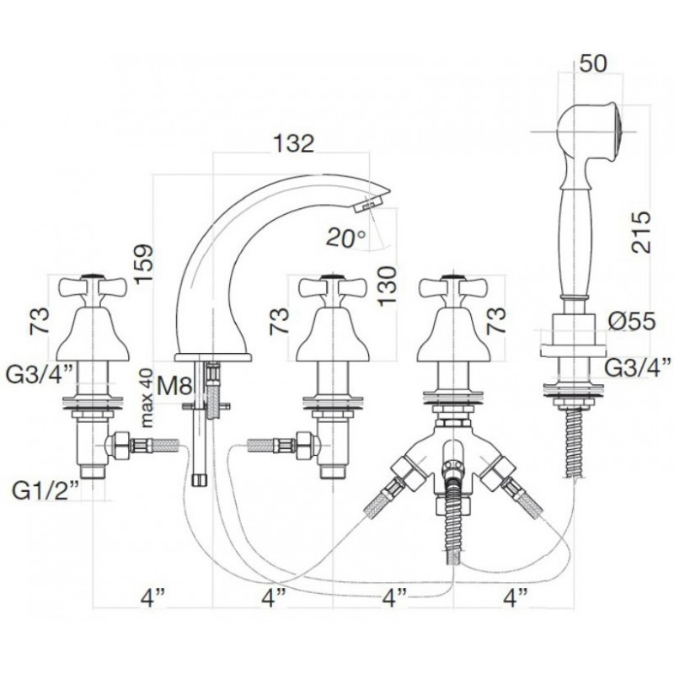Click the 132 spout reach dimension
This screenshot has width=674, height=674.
[x=294, y=143]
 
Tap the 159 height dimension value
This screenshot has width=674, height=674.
[x=143, y=264]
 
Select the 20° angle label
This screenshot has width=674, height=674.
[x=345, y=238]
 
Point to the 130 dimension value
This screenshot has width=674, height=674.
[x=388, y=286]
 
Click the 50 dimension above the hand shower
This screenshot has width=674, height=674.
[x=593, y=63]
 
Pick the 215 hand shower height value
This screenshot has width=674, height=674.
[x=641, y=233]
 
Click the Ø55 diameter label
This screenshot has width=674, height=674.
[x=631, y=321]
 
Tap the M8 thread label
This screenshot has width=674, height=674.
[x=174, y=385]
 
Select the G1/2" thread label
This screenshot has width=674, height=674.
[x=45, y=491]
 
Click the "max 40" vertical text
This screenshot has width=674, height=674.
[x=147, y=398]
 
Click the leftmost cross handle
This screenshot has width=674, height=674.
[x=93, y=286]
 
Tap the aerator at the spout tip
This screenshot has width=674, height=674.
[x=368, y=203]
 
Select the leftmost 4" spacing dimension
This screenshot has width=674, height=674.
[x=153, y=598]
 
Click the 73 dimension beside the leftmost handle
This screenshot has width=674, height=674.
[x=40, y=321]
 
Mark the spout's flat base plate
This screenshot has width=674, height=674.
[x=213, y=357]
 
